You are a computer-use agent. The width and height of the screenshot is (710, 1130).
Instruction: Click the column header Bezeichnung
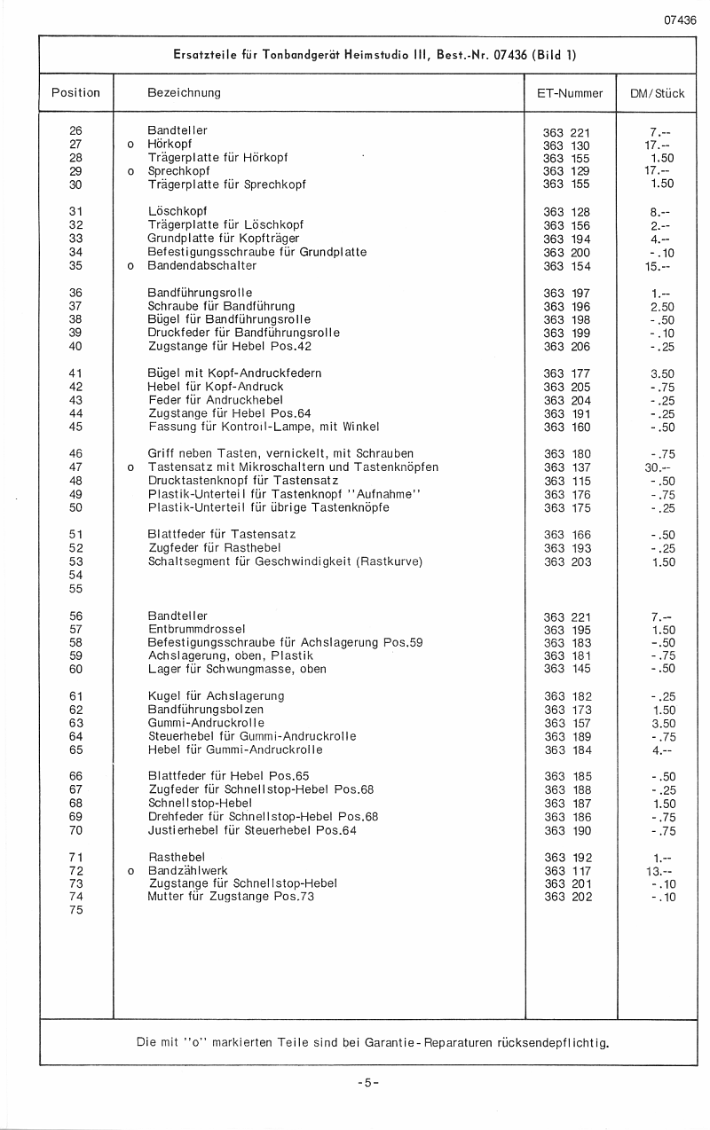click(x=185, y=93)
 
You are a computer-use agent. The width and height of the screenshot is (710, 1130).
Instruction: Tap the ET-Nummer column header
click(x=570, y=93)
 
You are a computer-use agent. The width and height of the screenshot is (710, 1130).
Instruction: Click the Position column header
click(x=75, y=93)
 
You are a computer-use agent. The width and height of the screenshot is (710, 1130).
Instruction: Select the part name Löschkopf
click(x=177, y=212)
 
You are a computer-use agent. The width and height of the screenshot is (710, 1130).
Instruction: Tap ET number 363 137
click(x=566, y=467)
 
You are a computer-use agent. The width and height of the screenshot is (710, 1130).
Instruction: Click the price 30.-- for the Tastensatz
click(x=658, y=467)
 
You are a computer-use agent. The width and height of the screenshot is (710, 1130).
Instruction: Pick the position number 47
click(x=75, y=467)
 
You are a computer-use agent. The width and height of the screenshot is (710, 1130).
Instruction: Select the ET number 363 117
click(x=566, y=871)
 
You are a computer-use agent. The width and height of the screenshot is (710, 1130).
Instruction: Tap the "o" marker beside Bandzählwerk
click(x=130, y=871)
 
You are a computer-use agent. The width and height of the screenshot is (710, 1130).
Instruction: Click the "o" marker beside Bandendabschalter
click(x=130, y=265)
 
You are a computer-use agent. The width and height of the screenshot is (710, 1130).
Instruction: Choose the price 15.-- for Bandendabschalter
click(x=658, y=265)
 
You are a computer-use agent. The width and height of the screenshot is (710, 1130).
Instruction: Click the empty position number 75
click(x=75, y=910)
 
